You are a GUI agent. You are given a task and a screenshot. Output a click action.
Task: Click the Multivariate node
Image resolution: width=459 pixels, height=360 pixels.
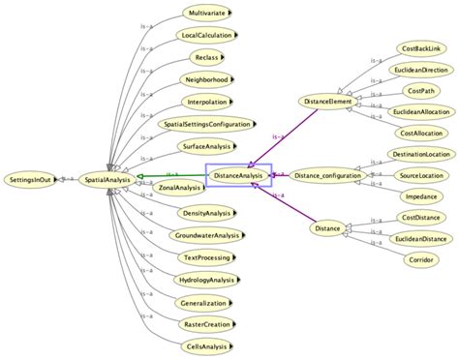pos(208,15)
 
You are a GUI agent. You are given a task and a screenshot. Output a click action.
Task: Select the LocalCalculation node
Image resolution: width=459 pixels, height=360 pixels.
pos(209,37)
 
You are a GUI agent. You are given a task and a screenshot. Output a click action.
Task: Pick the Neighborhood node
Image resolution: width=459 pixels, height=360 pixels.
pos(206,80)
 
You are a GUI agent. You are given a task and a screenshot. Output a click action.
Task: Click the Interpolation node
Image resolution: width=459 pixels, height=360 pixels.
pos(207,102)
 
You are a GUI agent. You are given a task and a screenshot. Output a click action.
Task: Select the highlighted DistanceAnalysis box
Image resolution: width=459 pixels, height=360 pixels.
pos(239,175)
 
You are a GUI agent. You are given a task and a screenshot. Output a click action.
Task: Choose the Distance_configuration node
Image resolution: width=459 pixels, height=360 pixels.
pos(327,175)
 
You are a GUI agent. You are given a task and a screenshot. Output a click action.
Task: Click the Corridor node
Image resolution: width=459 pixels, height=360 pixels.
pos(419,259)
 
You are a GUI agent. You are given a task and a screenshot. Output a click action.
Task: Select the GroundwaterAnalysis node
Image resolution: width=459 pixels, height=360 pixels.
pos(206,235)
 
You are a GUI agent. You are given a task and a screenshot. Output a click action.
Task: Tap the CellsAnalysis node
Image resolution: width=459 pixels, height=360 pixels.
pos(205,345)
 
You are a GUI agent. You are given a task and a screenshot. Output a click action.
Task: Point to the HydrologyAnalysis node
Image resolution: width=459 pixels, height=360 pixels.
pos(205,280)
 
